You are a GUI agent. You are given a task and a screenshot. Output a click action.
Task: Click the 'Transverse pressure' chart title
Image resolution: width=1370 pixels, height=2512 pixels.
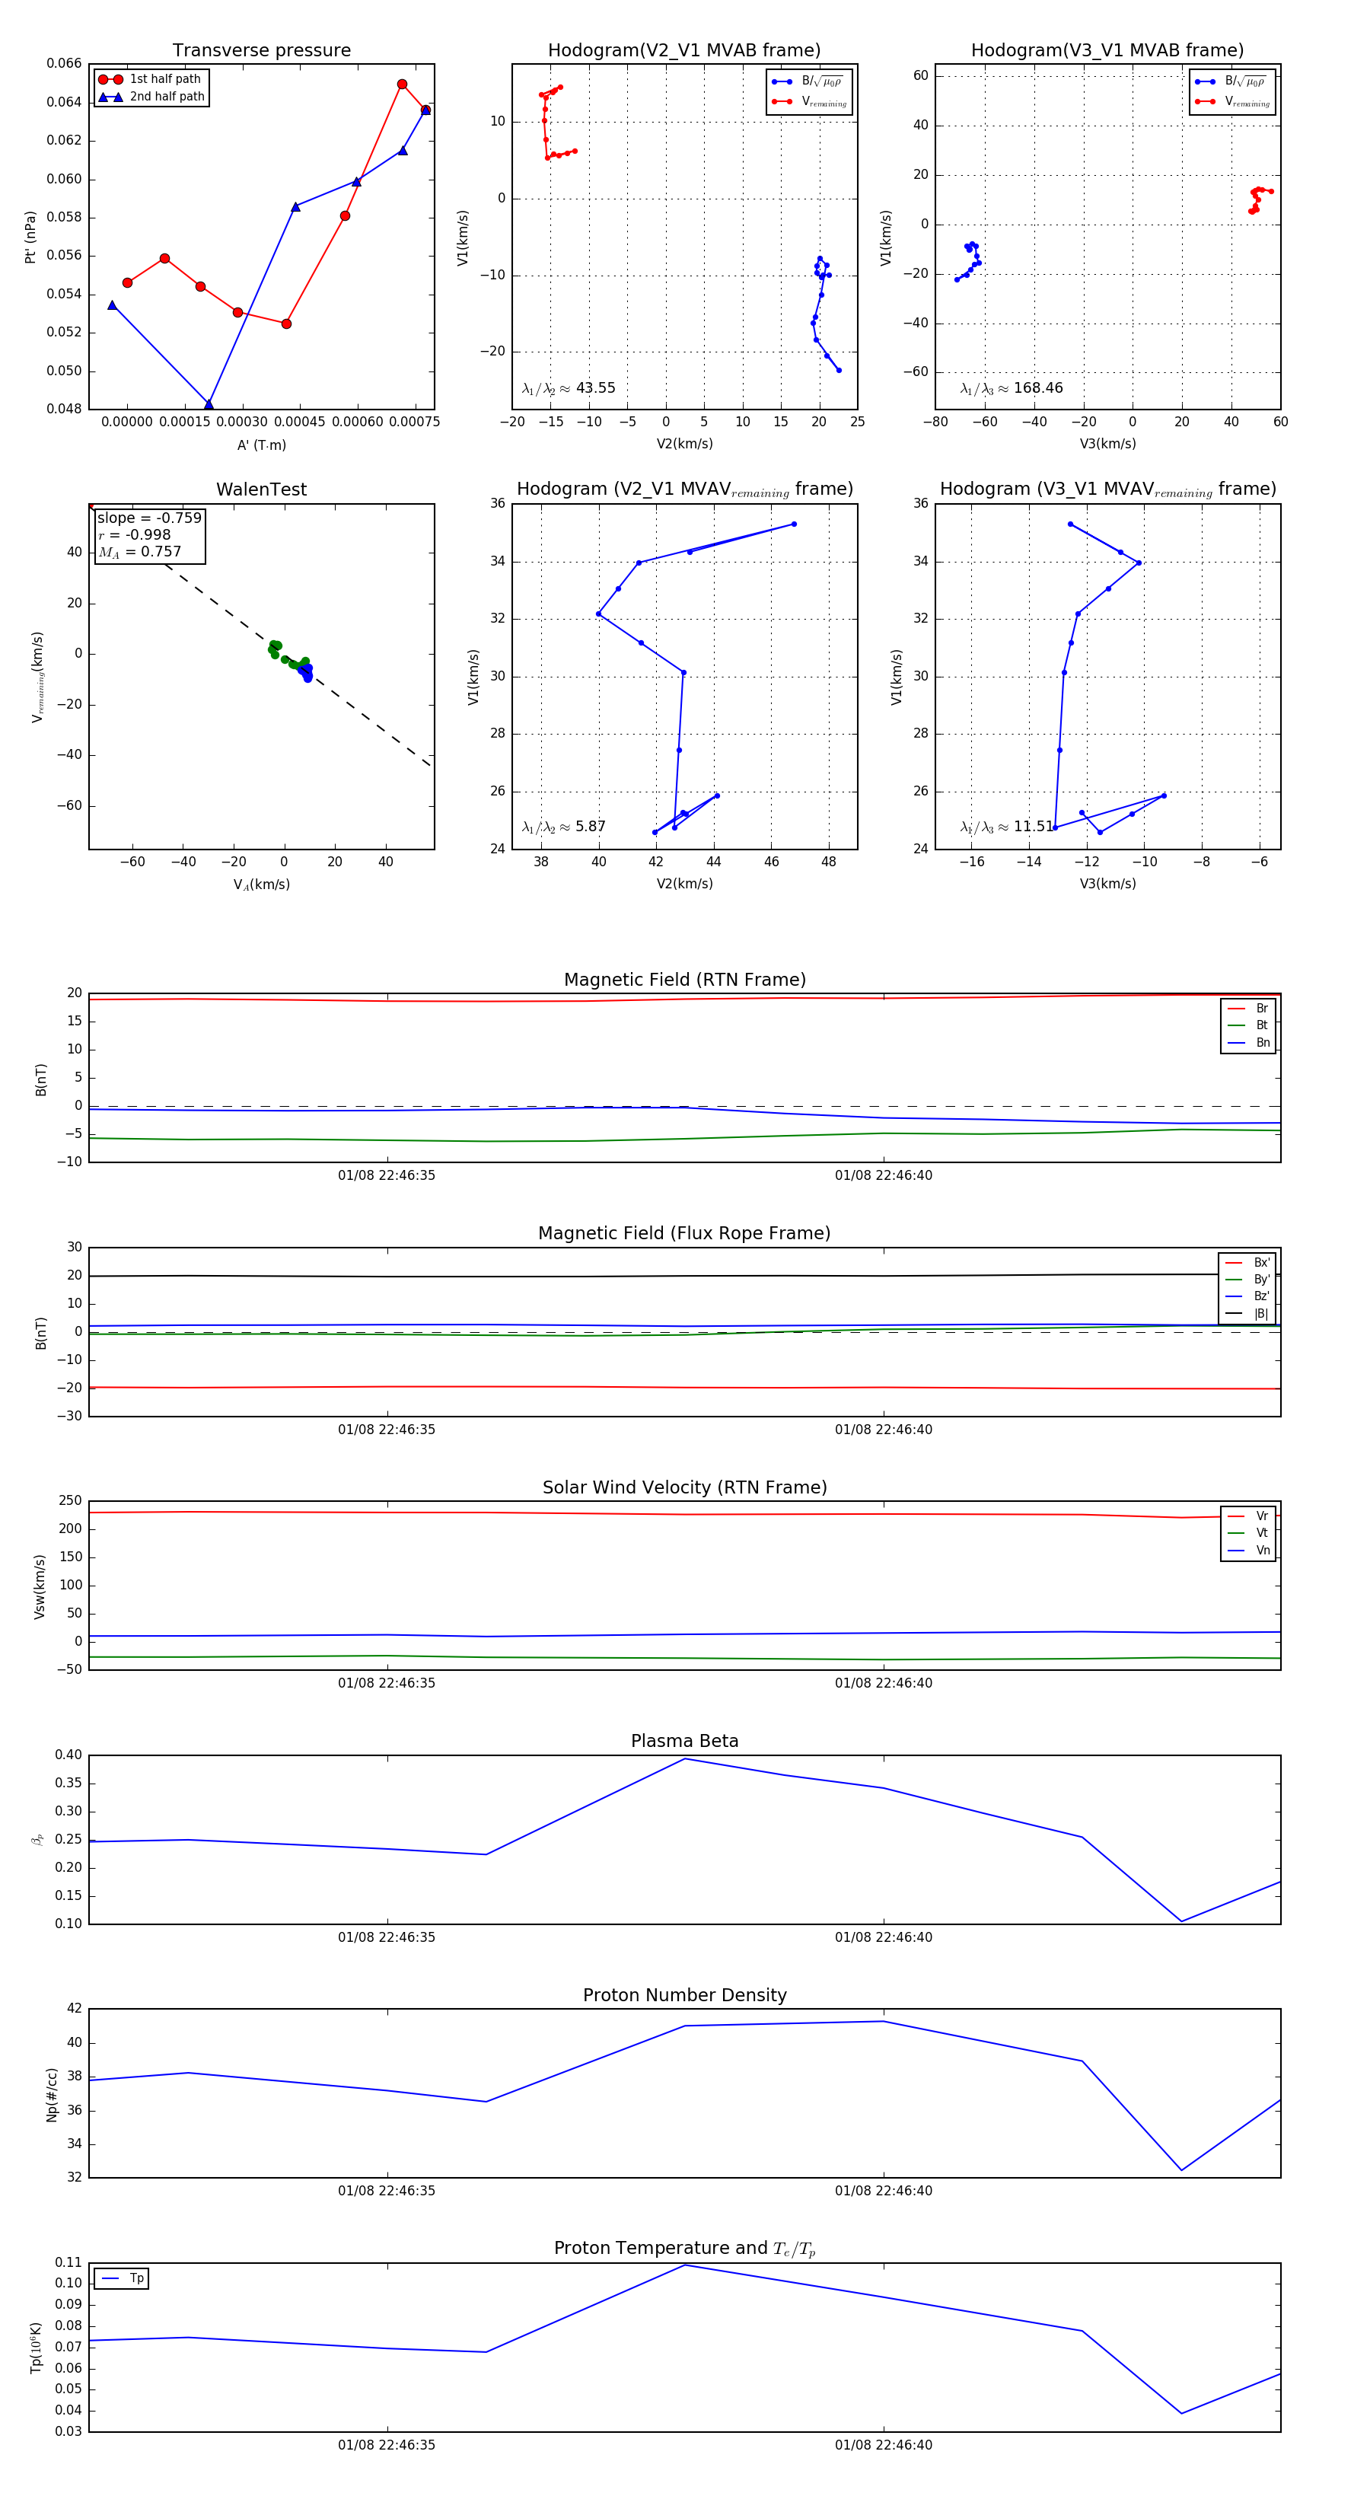tap(261, 51)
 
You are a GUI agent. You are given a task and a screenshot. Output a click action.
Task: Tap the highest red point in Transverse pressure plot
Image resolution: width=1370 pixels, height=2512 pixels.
tap(402, 84)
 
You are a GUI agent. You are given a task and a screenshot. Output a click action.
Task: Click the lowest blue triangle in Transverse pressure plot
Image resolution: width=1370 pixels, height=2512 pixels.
tap(209, 405)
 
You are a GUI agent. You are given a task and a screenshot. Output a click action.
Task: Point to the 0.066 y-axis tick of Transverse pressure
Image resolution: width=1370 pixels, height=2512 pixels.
tap(65, 63)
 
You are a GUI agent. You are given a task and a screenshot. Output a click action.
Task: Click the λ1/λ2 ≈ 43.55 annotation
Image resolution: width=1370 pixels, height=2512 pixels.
tap(569, 388)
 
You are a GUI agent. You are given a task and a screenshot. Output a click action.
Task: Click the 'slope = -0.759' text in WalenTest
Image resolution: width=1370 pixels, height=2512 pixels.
tap(149, 518)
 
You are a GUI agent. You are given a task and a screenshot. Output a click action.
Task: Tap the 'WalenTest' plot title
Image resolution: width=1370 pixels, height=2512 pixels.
tap(261, 489)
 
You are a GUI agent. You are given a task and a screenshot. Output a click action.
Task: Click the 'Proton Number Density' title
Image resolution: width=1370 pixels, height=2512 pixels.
tap(684, 1995)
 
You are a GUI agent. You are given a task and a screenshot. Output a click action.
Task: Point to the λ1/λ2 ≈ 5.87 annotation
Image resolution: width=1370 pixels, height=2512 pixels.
tap(563, 827)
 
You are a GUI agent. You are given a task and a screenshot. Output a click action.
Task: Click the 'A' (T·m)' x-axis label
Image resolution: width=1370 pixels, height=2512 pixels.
tap(261, 445)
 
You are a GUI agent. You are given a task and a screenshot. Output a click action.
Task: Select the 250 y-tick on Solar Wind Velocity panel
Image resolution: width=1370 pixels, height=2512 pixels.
tap(70, 1501)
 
